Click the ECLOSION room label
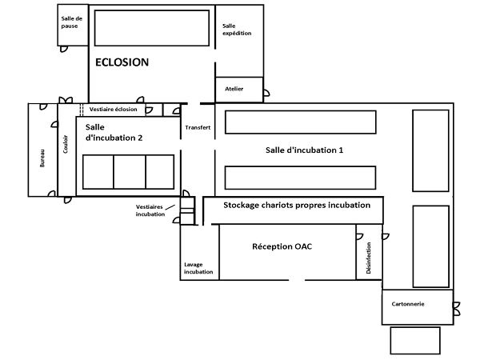click(x=122, y=62)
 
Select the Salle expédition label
click(x=237, y=30)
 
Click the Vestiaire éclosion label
click(x=113, y=110)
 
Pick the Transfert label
click(x=198, y=128)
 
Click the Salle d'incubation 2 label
click(x=114, y=132)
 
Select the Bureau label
click(x=42, y=158)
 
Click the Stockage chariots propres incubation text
click(x=297, y=206)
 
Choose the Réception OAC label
click(x=281, y=246)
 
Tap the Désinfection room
click(x=369, y=258)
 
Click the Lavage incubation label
click(x=198, y=268)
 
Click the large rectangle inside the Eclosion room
click(x=151, y=27)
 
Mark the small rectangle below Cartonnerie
click(x=414, y=340)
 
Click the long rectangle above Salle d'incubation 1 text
click(x=300, y=122)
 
